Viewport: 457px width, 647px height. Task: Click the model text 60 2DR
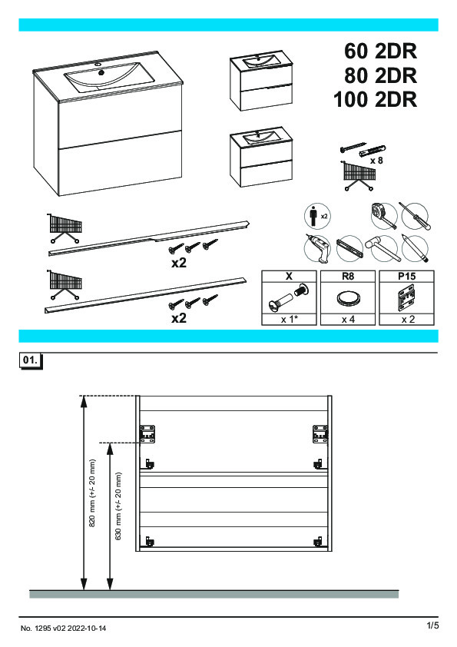tap(380, 51)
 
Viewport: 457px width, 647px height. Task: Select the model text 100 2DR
tap(375, 100)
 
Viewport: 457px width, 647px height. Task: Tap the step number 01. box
tap(30, 360)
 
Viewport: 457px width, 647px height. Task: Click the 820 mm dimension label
tap(92, 493)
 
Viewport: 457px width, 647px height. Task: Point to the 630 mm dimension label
tap(118, 506)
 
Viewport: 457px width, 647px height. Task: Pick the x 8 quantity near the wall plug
tap(376, 161)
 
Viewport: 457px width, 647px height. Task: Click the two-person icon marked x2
tap(316, 216)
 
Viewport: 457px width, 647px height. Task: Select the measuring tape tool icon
tap(383, 216)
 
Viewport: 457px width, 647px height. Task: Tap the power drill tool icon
tap(317, 249)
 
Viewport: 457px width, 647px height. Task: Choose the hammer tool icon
tap(383, 249)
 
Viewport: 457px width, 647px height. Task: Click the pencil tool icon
tap(415, 248)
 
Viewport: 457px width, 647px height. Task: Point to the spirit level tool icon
tap(349, 248)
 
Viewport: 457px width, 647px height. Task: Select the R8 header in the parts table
tap(348, 276)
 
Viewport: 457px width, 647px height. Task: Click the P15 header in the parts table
tap(406, 276)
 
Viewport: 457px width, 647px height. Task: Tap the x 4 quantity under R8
tap(348, 320)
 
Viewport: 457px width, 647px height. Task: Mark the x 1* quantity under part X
tap(290, 320)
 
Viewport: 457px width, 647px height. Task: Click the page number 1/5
tap(432, 625)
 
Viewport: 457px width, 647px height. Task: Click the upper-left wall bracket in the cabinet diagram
tap(147, 434)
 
